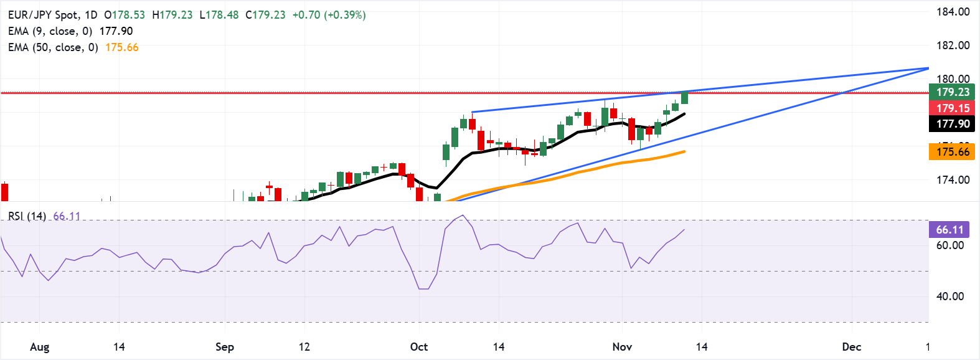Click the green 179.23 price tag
click(x=953, y=92)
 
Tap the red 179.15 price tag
click(x=953, y=108)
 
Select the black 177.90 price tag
click(x=953, y=124)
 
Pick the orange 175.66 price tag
click(x=953, y=152)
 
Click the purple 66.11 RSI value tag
click(x=949, y=230)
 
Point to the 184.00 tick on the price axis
click(x=953, y=12)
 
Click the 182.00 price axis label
click(x=953, y=45)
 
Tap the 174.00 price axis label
click(x=953, y=180)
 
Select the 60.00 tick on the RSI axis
click(x=950, y=245)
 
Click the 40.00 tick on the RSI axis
click(x=950, y=296)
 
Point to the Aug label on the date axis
click(x=39, y=347)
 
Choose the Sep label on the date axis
click(x=224, y=347)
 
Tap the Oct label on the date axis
click(x=419, y=347)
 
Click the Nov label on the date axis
click(x=622, y=347)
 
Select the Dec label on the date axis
click(x=851, y=347)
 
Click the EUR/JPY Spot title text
click(x=44, y=15)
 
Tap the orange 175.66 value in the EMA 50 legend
click(x=122, y=47)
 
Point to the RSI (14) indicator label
click(x=27, y=216)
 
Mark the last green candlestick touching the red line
click(x=685, y=97)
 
